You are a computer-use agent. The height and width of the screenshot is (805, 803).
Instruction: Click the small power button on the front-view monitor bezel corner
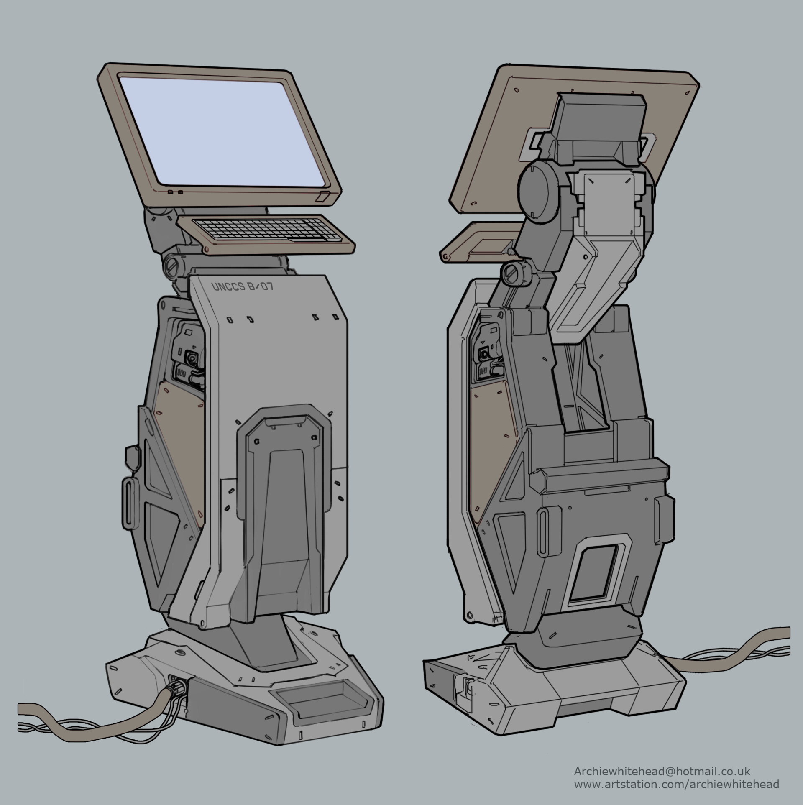(x=324, y=196)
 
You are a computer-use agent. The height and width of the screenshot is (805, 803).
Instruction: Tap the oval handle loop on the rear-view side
(x=543, y=529)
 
